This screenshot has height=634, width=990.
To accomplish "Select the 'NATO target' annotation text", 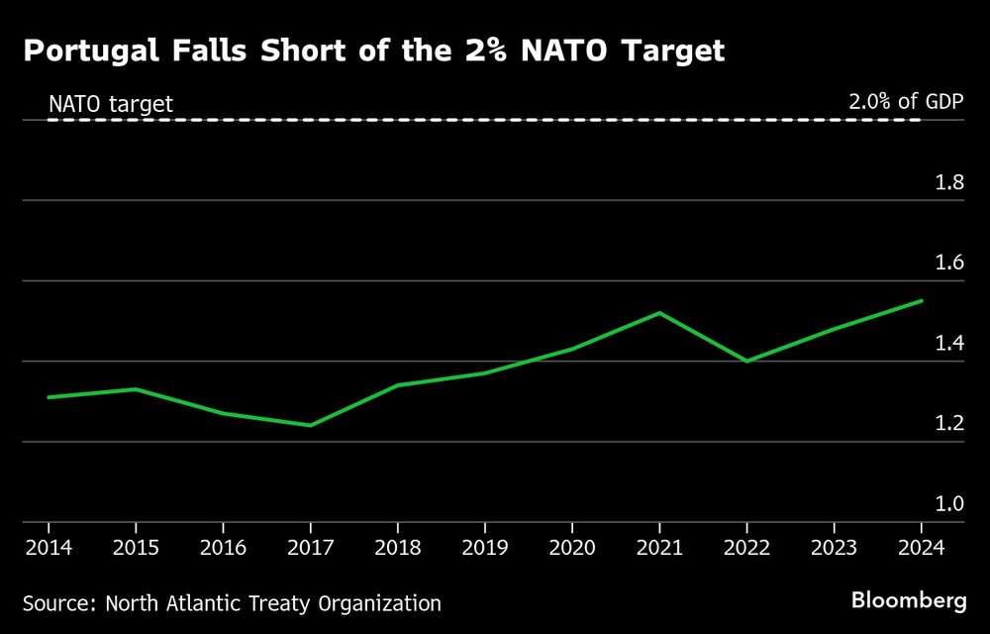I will coord(111,103).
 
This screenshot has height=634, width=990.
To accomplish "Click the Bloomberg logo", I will coord(909,600).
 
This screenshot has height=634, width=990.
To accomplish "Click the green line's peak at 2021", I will coord(659,313).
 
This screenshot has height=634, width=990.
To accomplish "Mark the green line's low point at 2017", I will coord(310,426).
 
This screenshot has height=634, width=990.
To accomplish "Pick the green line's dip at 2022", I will coord(746,362).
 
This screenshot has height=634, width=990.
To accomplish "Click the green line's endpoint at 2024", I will coord(922,300).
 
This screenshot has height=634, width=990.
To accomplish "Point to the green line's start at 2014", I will coord(49,397).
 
